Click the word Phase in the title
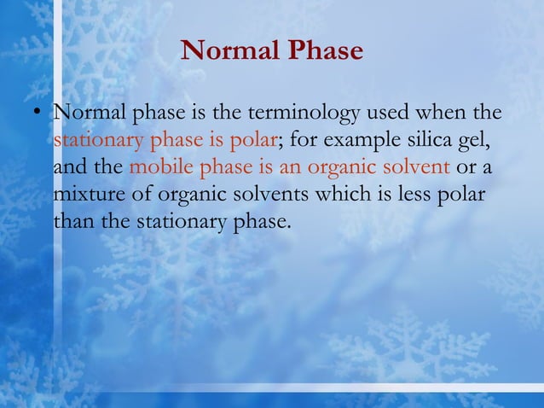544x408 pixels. click(x=324, y=51)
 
